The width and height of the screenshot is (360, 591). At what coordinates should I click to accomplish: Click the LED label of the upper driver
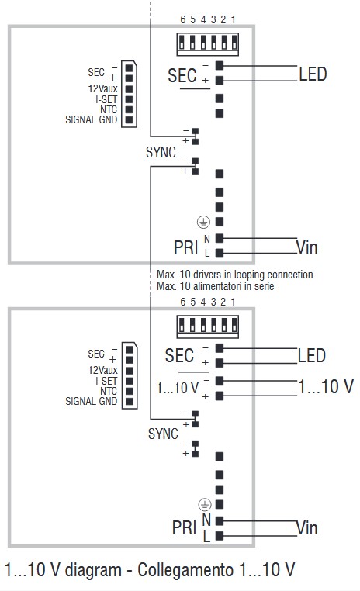coord(313,74)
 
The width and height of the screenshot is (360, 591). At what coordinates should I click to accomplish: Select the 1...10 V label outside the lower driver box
coord(326,386)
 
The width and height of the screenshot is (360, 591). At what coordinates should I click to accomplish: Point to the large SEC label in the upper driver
coord(182,76)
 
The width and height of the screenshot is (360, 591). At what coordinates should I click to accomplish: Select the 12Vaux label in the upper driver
coord(102,88)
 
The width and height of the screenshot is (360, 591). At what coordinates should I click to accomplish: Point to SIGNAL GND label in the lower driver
coord(92,401)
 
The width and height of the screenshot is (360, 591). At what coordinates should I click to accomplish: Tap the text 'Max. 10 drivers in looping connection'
coord(234,275)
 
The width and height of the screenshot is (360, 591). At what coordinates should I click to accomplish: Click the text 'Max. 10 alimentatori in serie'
coord(215,286)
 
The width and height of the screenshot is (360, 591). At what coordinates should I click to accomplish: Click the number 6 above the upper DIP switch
coord(182,18)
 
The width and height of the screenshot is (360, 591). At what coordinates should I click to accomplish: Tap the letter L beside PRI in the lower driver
coord(206,536)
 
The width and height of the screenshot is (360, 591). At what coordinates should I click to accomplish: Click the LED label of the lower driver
coord(313,356)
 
